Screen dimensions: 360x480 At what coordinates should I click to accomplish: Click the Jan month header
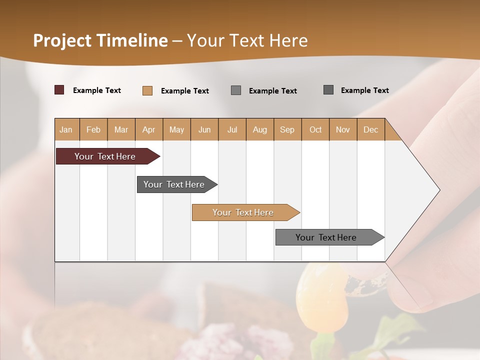[x=66, y=130]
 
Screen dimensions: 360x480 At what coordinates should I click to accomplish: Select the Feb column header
[x=93, y=130]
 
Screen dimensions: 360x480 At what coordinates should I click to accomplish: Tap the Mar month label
[x=121, y=130]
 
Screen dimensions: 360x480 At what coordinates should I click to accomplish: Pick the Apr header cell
[x=148, y=130]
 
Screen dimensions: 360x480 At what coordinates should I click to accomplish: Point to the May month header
[x=176, y=130]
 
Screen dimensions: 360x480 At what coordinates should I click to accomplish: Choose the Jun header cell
[x=204, y=130]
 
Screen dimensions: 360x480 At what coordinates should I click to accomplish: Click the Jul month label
[x=232, y=130]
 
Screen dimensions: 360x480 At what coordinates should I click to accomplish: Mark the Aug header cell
[x=259, y=130]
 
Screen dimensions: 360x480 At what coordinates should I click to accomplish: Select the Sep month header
[x=287, y=130]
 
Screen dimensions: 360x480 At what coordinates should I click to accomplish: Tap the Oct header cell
[x=315, y=130]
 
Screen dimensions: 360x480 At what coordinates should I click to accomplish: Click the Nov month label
[x=342, y=130]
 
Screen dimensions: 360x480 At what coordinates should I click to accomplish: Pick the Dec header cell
[x=370, y=130]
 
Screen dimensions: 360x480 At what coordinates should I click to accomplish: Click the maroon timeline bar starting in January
[x=105, y=156]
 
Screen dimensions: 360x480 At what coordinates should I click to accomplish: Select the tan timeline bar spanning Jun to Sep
[x=243, y=212]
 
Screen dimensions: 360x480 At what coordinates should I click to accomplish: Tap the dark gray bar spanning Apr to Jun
[x=174, y=184]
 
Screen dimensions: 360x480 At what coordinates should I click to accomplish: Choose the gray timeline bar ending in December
[x=326, y=237]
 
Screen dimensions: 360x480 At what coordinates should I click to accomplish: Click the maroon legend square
[x=59, y=90]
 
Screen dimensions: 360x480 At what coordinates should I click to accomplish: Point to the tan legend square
[x=147, y=90]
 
